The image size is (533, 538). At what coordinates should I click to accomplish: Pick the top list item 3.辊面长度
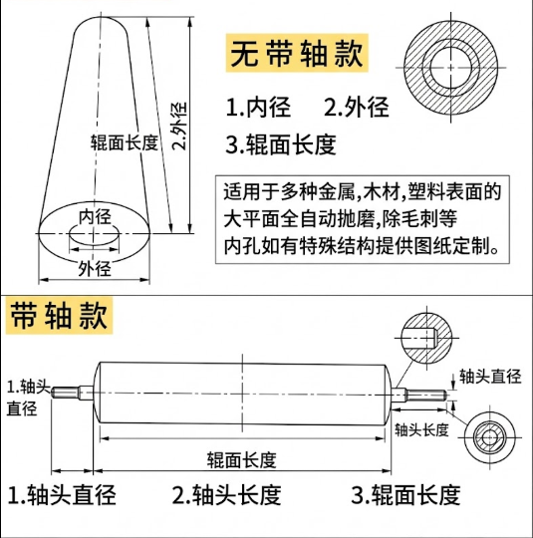[x=282, y=144]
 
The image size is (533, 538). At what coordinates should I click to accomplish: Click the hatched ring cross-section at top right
[x=459, y=61]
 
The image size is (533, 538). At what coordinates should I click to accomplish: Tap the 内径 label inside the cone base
[x=95, y=216]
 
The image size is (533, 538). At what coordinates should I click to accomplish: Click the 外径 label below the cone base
[x=94, y=267]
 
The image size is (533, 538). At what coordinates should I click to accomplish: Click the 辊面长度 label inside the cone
[x=124, y=142]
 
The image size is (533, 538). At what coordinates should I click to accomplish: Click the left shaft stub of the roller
[x=73, y=391]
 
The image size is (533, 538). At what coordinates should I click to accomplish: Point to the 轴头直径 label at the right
[x=489, y=377]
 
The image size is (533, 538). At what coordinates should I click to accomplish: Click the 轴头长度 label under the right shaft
[x=422, y=429]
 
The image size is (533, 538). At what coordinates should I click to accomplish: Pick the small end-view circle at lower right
[x=490, y=435]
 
